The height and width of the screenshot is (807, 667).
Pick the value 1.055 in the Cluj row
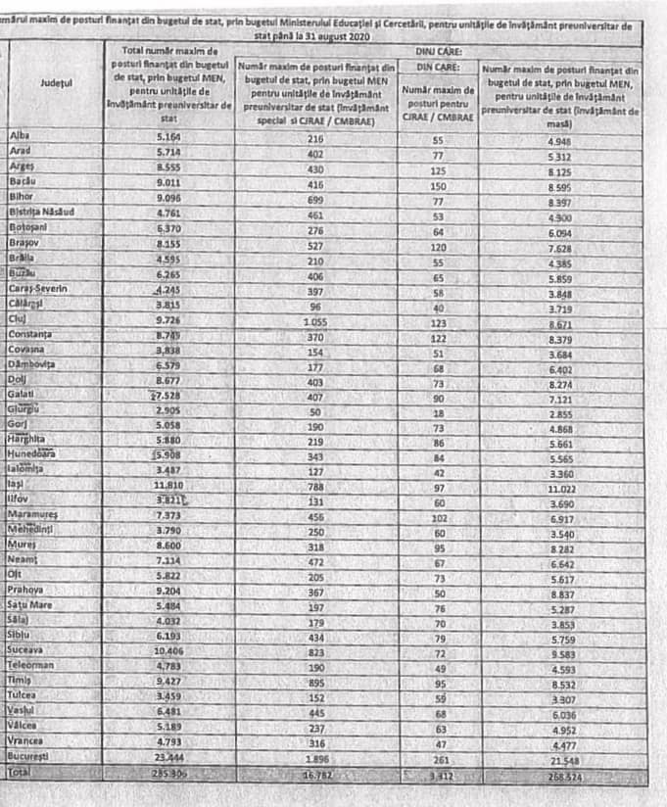tap(315, 319)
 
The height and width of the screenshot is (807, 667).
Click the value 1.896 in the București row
tap(315, 758)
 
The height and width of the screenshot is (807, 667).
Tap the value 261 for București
tap(438, 758)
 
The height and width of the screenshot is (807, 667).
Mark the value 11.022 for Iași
tap(559, 485)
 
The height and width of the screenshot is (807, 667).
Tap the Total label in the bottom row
tap(20, 773)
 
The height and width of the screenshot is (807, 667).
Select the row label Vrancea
tap(27, 740)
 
